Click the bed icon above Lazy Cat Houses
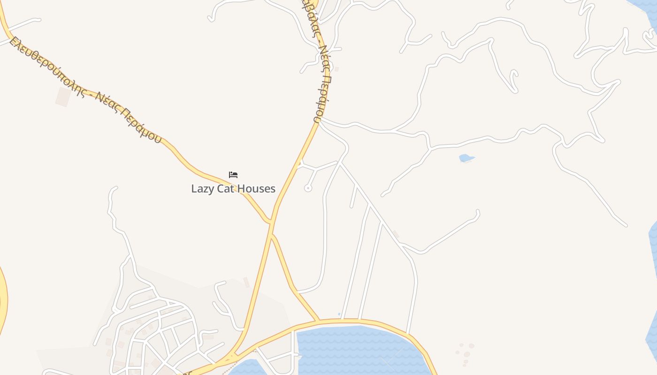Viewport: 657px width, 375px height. click(x=233, y=175)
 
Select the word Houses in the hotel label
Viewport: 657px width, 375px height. click(x=256, y=189)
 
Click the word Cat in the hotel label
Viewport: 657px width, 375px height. click(x=225, y=189)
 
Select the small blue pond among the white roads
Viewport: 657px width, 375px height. click(x=466, y=158)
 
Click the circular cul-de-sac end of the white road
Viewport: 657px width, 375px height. click(x=308, y=188)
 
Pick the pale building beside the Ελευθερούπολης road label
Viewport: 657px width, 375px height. click(x=63, y=97)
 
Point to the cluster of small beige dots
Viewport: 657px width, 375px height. click(x=464, y=354)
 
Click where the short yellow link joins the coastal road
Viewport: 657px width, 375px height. click(x=319, y=322)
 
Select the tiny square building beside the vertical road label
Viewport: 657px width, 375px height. click(x=336, y=69)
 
